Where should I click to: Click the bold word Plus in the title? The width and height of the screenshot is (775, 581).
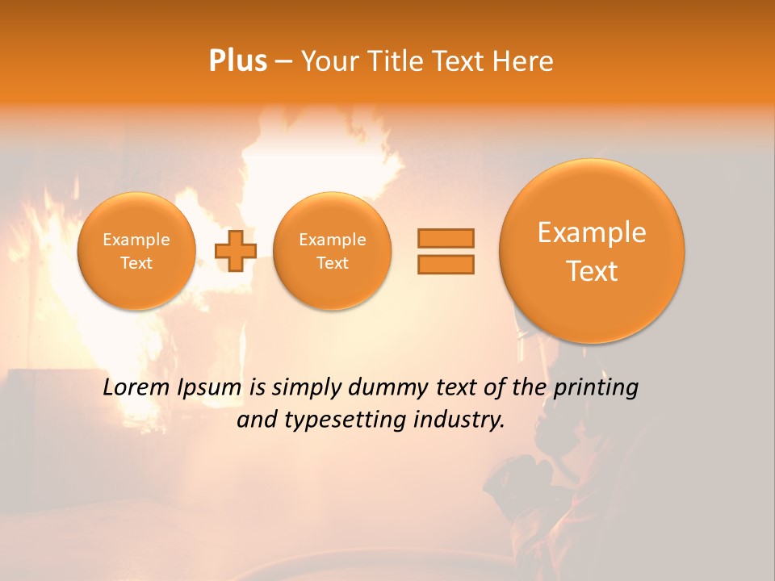tap(237, 61)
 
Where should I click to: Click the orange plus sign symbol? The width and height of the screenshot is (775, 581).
tap(235, 250)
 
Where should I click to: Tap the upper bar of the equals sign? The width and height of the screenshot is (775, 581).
tap(446, 238)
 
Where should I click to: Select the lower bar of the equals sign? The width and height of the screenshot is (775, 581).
tap(446, 264)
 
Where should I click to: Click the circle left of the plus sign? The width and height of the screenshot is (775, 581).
tap(136, 251)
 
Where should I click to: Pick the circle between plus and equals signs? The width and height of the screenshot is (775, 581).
tap(333, 251)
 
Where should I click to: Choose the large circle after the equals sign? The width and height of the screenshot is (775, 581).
tap(592, 250)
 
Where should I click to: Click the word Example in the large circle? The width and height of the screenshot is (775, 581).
tap(592, 232)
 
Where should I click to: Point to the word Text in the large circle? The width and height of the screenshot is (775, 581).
tap(592, 271)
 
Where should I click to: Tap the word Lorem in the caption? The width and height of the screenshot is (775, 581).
tap(133, 388)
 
